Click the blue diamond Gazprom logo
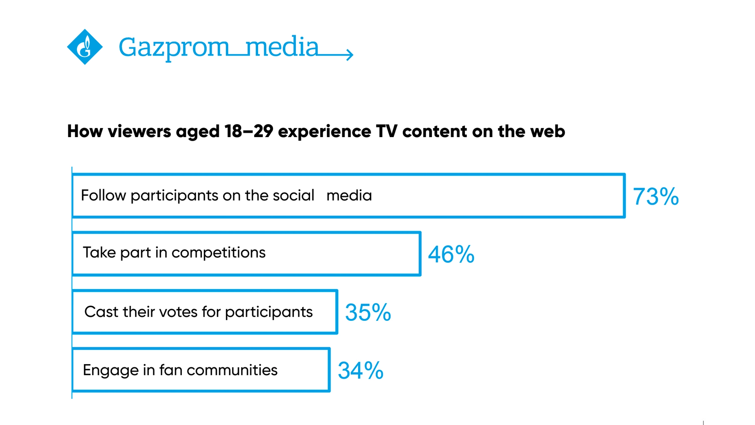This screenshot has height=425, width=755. pos(85,47)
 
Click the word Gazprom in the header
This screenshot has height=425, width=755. pos(173,48)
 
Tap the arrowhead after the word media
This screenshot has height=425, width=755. pos(349,54)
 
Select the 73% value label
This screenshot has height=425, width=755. pos(655,196)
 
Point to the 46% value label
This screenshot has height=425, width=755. pos(451,255)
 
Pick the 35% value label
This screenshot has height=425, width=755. pos(368,313)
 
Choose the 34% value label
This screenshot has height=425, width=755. pos(361,370)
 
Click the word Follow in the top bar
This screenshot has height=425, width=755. pos(103,195)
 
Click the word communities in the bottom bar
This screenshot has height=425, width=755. pos(232,370)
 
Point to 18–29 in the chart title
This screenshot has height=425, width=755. pos(249,131)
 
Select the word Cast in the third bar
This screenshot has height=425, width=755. pos(101,312)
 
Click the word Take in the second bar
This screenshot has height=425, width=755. pos(99,253)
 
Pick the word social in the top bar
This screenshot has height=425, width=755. pos(293,195)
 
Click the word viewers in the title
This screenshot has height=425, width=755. pos(140,131)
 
